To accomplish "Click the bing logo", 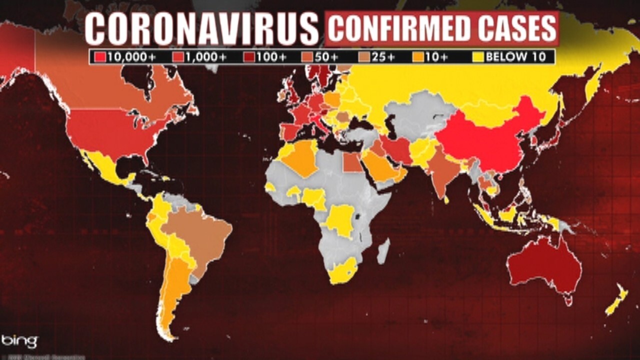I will pyautogui.click(x=19, y=341).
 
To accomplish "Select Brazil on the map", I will pyautogui.click(x=200, y=235).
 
